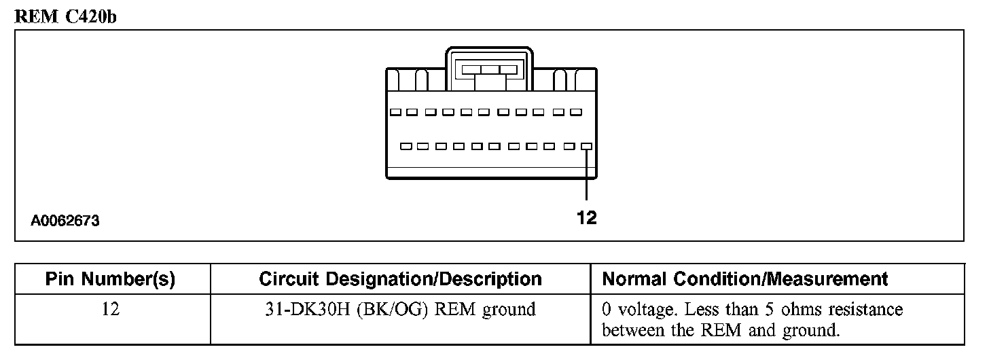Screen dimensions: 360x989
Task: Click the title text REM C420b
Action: (x=65, y=17)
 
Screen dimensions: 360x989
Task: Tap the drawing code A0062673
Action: (x=65, y=221)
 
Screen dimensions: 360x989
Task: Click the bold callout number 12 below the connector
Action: (x=586, y=217)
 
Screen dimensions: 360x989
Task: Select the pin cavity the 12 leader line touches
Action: (x=586, y=146)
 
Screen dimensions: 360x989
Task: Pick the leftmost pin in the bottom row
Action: (x=406, y=146)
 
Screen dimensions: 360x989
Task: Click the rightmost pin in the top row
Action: (x=576, y=112)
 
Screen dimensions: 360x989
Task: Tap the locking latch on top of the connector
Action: (x=489, y=69)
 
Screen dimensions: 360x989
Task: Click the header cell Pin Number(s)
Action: (x=110, y=279)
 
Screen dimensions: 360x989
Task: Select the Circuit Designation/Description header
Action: (x=400, y=279)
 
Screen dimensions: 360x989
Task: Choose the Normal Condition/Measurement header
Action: (x=745, y=279)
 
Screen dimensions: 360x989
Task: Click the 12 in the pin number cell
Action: (x=110, y=310)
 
